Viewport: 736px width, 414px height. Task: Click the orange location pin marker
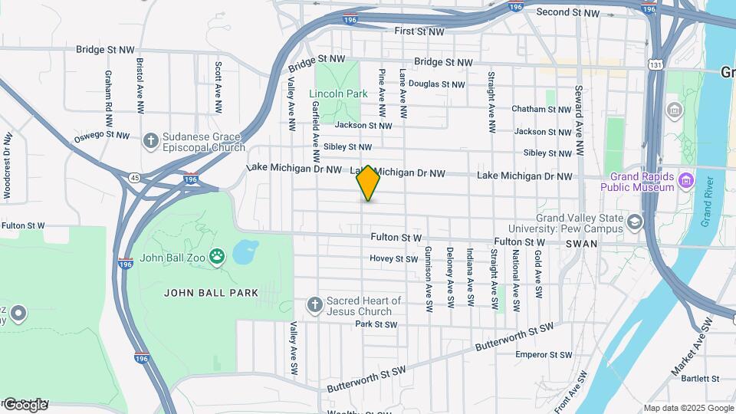[x=368, y=182]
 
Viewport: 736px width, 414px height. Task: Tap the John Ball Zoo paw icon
[x=219, y=257]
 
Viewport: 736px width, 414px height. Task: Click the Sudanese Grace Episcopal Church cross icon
[x=151, y=140]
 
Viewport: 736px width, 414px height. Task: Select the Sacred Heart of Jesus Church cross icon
[x=314, y=305]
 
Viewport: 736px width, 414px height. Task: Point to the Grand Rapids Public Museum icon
[x=686, y=182]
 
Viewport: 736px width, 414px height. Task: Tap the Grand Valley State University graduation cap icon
[x=635, y=222]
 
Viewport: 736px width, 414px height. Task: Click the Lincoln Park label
[x=338, y=94]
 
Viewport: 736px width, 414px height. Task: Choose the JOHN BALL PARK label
[x=211, y=293]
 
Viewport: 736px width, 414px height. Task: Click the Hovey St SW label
[x=393, y=258]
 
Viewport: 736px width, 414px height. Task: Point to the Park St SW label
[x=376, y=324]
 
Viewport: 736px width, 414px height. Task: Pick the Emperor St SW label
[x=544, y=355]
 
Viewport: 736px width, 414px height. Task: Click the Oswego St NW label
[x=102, y=135]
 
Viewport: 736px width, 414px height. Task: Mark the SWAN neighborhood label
[x=577, y=243]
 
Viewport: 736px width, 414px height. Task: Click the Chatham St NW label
[x=541, y=109]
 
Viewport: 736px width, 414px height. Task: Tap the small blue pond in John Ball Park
[x=245, y=251]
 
